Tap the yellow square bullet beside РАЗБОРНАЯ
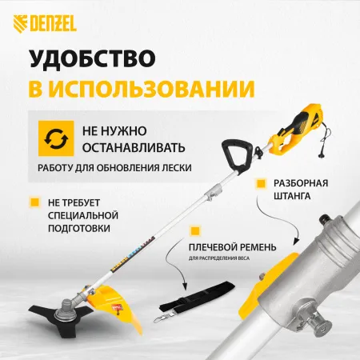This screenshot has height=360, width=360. point(259,182)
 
